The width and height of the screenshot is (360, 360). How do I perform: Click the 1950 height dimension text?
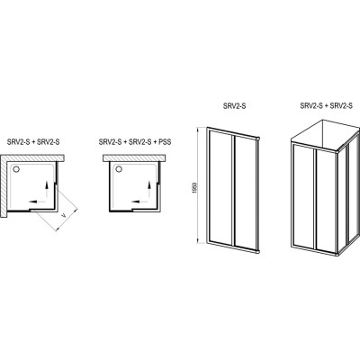[194, 187]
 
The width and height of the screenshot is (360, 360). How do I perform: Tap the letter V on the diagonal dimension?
[63, 215]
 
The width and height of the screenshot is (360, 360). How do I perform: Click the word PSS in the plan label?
[165, 142]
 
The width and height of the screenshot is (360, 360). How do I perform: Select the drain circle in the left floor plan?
[16, 170]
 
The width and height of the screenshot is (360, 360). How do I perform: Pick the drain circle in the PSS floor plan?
[119, 170]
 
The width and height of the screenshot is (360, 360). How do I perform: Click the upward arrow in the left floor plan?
[47, 190]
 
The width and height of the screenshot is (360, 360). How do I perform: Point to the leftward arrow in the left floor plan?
[37, 202]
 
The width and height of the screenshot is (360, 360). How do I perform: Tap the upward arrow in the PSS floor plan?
[149, 190]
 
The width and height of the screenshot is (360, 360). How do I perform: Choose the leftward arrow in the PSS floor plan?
[139, 202]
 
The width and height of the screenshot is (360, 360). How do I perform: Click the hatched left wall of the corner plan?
[4, 186]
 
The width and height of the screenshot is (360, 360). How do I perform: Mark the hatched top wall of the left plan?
[32, 158]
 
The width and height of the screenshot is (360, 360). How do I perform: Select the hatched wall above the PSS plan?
[134, 158]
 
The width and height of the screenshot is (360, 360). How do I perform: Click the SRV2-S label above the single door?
[233, 106]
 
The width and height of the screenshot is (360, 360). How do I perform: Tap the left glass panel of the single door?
[220, 187]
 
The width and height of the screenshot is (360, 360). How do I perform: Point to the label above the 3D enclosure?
[327, 106]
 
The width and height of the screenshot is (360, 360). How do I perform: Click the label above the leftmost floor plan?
[33, 142]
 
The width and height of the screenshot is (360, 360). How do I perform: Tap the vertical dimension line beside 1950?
[198, 184]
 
